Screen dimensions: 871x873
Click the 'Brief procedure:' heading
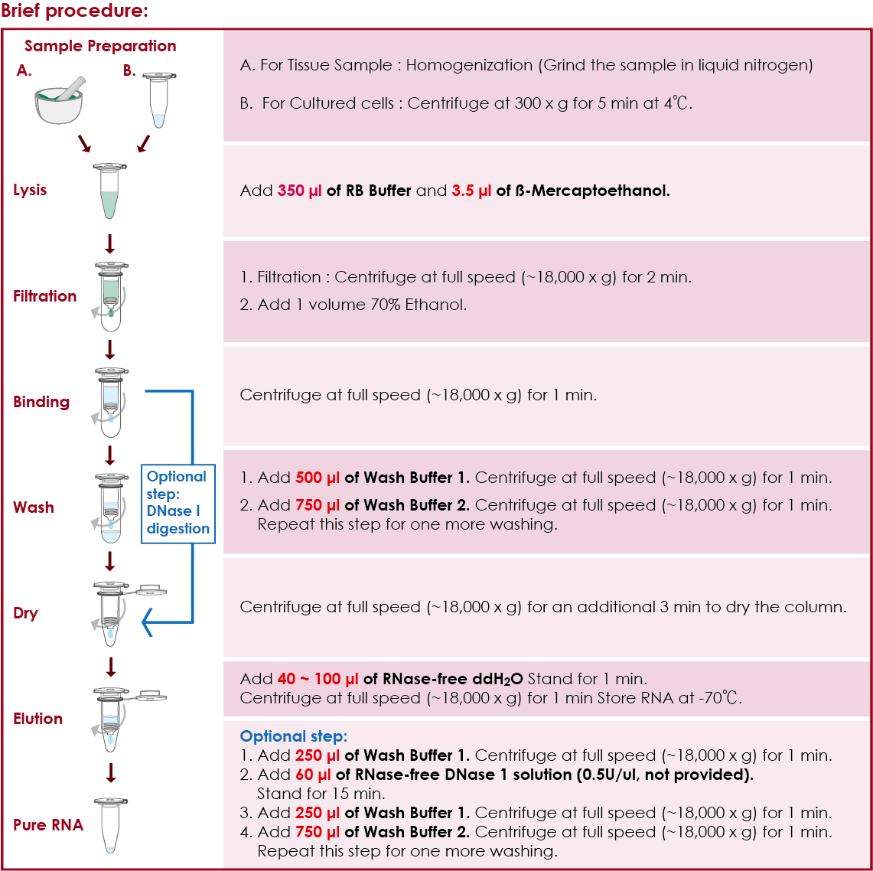pyautogui.click(x=74, y=11)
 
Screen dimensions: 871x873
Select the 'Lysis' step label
pyautogui.click(x=30, y=190)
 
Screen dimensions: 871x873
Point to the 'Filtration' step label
pyautogui.click(x=44, y=296)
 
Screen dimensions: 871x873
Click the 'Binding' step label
pyautogui.click(x=41, y=402)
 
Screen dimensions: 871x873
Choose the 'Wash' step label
pyautogui.click(x=34, y=507)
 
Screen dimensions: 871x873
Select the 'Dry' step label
pyautogui.click(x=25, y=613)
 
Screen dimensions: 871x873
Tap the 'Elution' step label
pyautogui.click(x=37, y=719)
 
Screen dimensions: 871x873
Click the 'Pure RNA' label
pyautogui.click(x=48, y=825)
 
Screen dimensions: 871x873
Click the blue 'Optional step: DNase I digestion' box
pyautogui.click(x=178, y=502)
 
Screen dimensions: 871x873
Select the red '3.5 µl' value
pyautogui.click(x=471, y=191)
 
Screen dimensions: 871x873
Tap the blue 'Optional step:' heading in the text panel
pyautogui.click(x=294, y=736)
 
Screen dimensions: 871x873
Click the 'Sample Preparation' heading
pyautogui.click(x=100, y=46)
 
